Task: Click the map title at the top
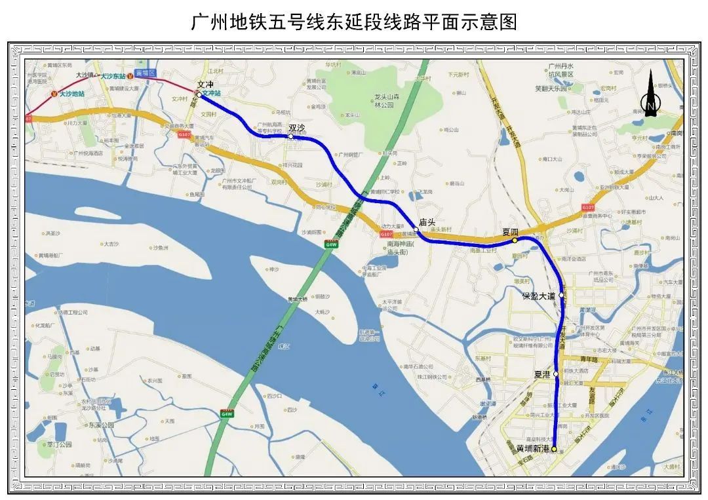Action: coord(354,22)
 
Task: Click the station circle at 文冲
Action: coord(199,94)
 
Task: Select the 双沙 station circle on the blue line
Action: coord(291,137)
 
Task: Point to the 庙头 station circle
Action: coord(416,230)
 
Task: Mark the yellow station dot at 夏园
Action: coord(515,240)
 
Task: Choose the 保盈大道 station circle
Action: coord(562,296)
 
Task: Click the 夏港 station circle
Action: coord(556,374)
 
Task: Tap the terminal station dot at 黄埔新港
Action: coord(554,449)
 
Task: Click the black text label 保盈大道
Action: coord(538,296)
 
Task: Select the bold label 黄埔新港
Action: coord(532,449)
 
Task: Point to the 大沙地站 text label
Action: coord(72,94)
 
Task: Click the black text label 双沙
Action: coord(297,128)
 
